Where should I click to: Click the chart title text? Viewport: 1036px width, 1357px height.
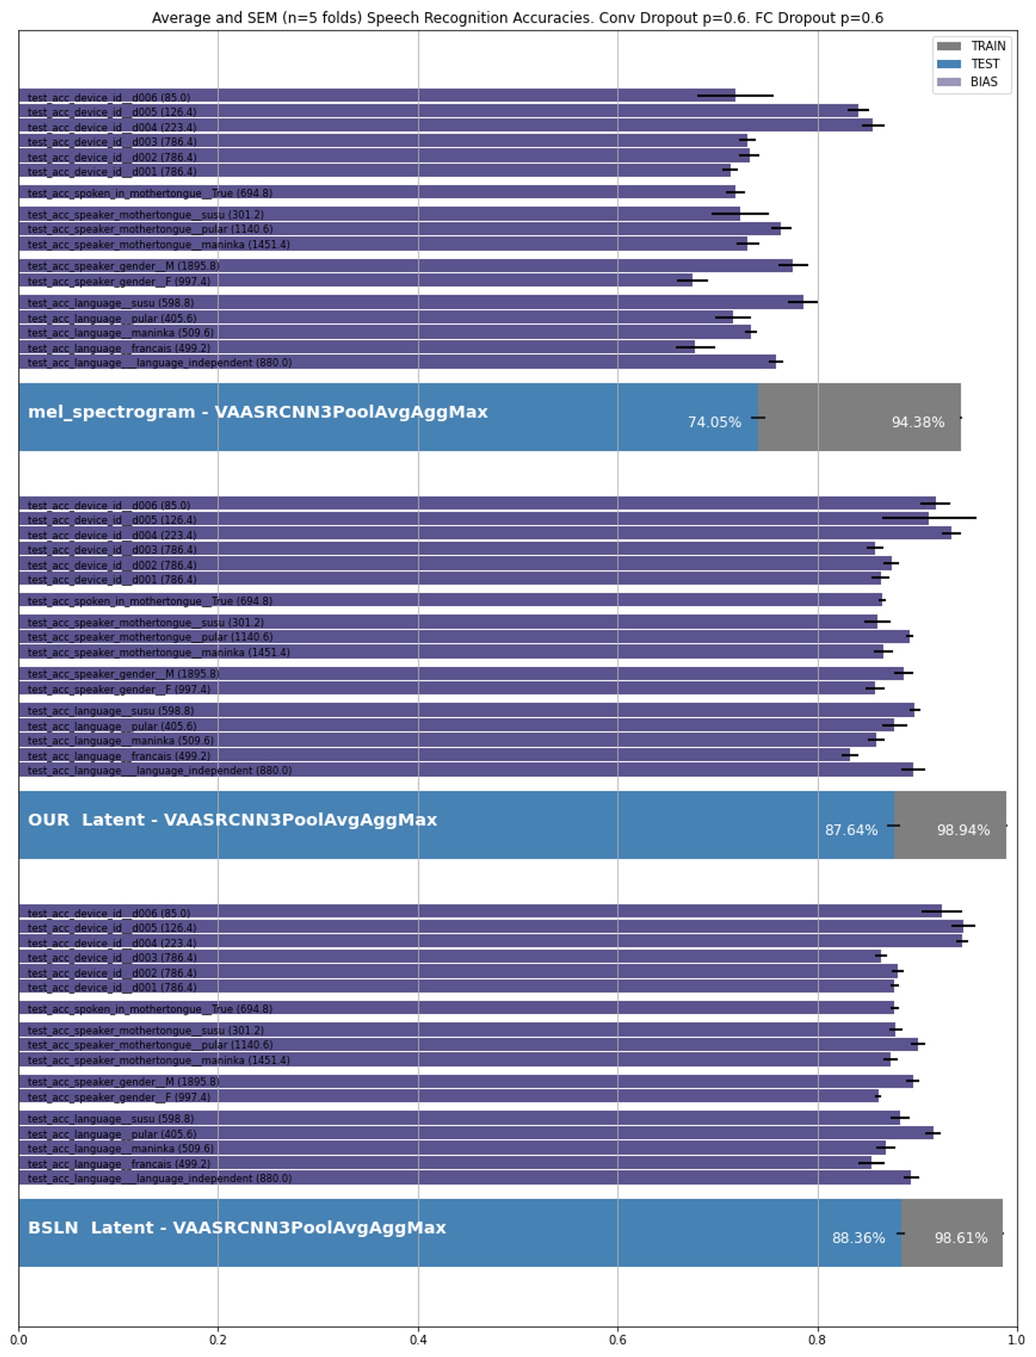[517, 18]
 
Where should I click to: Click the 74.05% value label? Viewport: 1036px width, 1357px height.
[714, 423]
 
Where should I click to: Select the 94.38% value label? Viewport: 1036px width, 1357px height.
[917, 423]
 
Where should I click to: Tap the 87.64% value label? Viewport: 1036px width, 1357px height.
[851, 830]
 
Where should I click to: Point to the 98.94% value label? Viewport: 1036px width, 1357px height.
[962, 830]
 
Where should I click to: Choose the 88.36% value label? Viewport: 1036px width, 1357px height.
[858, 1238]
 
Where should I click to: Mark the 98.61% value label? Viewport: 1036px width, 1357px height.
[960, 1238]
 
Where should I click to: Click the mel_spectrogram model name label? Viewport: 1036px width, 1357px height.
[257, 412]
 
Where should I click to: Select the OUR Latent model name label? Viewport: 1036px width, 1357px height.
[232, 820]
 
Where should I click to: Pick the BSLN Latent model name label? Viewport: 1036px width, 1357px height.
[236, 1228]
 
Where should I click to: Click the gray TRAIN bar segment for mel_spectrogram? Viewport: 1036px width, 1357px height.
[853, 400]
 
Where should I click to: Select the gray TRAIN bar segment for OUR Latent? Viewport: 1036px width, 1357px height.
[949, 807]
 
